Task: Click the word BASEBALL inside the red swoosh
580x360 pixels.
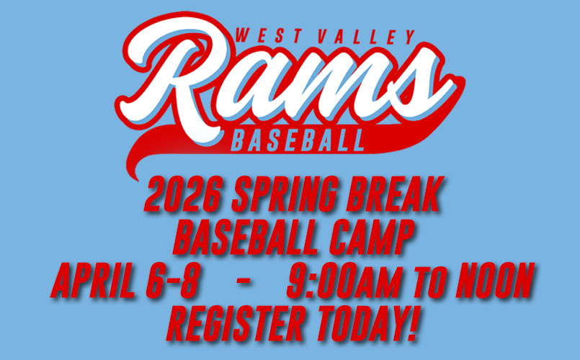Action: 298,141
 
